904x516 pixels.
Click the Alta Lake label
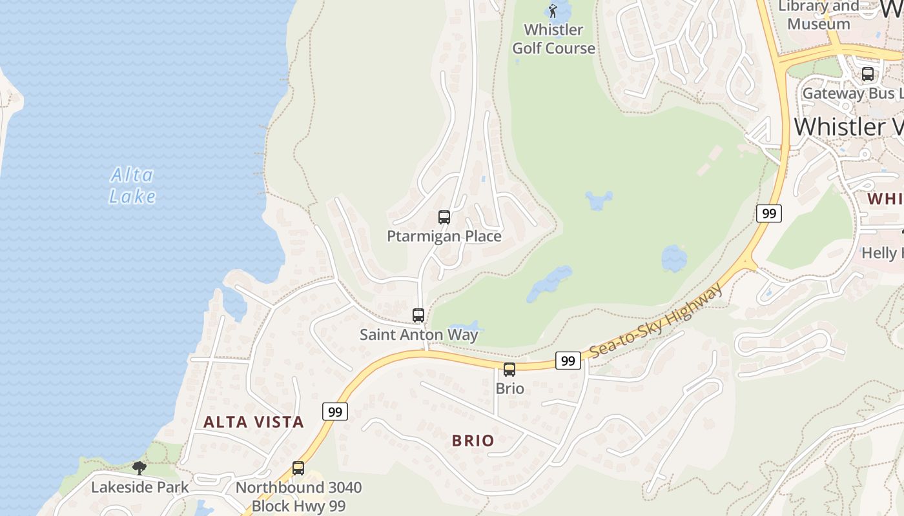click(x=132, y=186)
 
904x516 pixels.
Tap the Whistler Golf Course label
click(x=553, y=39)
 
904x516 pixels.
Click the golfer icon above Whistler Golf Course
click(x=553, y=10)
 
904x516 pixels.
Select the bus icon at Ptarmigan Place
click(x=444, y=217)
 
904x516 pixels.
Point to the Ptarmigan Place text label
click(x=444, y=236)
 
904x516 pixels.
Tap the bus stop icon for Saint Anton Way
click(x=418, y=315)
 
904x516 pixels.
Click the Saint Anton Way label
click(x=419, y=334)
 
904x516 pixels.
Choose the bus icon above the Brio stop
click(x=509, y=370)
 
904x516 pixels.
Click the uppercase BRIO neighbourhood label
click(x=473, y=441)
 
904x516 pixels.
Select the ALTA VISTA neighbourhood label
click(x=254, y=422)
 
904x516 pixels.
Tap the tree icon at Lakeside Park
click(x=139, y=468)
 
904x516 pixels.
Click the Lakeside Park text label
click(x=140, y=487)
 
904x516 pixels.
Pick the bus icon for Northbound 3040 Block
click(x=298, y=468)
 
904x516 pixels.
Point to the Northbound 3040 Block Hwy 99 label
click(x=298, y=497)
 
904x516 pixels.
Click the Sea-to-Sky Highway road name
click(x=655, y=321)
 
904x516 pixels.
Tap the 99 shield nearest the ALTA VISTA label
click(x=335, y=412)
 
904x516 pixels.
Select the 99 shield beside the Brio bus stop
click(x=568, y=361)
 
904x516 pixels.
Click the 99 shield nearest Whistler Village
click(x=768, y=213)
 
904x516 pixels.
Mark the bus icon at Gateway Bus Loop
click(x=868, y=74)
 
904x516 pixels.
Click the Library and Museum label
click(x=819, y=15)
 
